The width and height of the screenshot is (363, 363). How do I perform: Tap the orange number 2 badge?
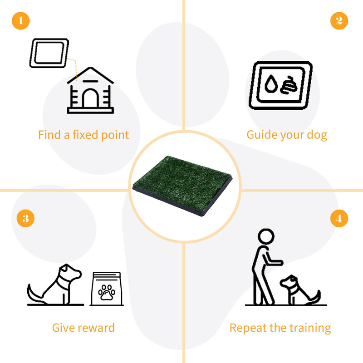(x=339, y=20)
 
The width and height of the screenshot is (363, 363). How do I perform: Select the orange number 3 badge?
(x=26, y=219)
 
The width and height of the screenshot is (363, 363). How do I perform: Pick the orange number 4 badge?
(x=339, y=219)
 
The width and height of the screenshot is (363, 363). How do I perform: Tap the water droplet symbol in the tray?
(x=271, y=84)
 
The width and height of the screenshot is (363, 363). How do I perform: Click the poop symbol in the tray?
(x=288, y=85)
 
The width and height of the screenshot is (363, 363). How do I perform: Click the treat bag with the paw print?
(x=107, y=289)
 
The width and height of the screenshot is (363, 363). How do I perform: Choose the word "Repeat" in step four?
(x=245, y=328)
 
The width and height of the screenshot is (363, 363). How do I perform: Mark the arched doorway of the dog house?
(x=90, y=98)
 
